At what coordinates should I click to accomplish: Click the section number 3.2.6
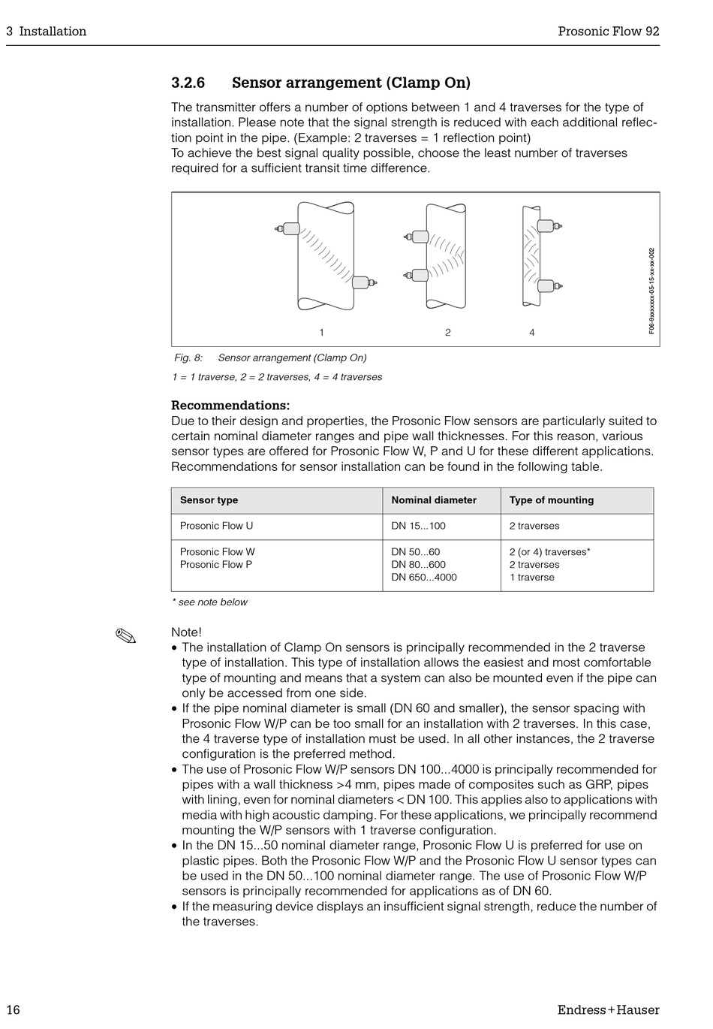(188, 83)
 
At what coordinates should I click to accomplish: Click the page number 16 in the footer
(13, 1009)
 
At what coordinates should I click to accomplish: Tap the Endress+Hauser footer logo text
(608, 1009)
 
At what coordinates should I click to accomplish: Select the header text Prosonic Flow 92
(608, 31)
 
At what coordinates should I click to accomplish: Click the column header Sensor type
(209, 500)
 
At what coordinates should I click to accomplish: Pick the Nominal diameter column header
(434, 500)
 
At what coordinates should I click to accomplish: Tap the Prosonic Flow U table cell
(216, 526)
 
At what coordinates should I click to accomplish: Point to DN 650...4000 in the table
(423, 578)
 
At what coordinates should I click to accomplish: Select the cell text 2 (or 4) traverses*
(549, 552)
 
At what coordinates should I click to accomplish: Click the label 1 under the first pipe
(321, 333)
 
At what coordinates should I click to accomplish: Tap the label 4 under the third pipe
(532, 333)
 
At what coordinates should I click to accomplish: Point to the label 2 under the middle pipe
(448, 333)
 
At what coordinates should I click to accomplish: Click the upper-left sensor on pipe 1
(287, 228)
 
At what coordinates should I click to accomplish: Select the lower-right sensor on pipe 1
(363, 282)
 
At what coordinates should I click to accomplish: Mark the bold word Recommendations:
(230, 406)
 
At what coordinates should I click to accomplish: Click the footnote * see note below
(209, 602)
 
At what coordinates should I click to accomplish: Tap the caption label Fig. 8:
(188, 358)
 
